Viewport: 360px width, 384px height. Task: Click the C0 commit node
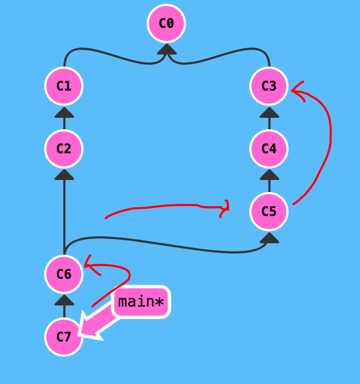166,23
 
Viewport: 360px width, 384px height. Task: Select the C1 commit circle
64,86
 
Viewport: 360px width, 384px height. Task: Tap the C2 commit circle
64,149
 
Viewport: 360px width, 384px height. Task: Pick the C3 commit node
269,86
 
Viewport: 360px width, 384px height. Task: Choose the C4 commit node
269,149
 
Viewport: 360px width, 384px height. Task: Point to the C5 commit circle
269,212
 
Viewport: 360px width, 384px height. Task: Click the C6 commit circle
64,274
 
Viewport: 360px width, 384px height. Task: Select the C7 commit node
64,337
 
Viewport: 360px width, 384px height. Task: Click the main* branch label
141,302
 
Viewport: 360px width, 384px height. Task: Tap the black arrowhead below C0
166,49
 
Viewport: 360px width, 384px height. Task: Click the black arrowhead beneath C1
64,112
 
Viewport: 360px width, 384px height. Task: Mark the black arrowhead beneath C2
64,175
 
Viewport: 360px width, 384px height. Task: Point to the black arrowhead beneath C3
269,112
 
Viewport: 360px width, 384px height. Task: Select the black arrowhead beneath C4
269,175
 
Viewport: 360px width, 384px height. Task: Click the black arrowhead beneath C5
269,237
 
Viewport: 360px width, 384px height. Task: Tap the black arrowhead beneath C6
64,300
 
